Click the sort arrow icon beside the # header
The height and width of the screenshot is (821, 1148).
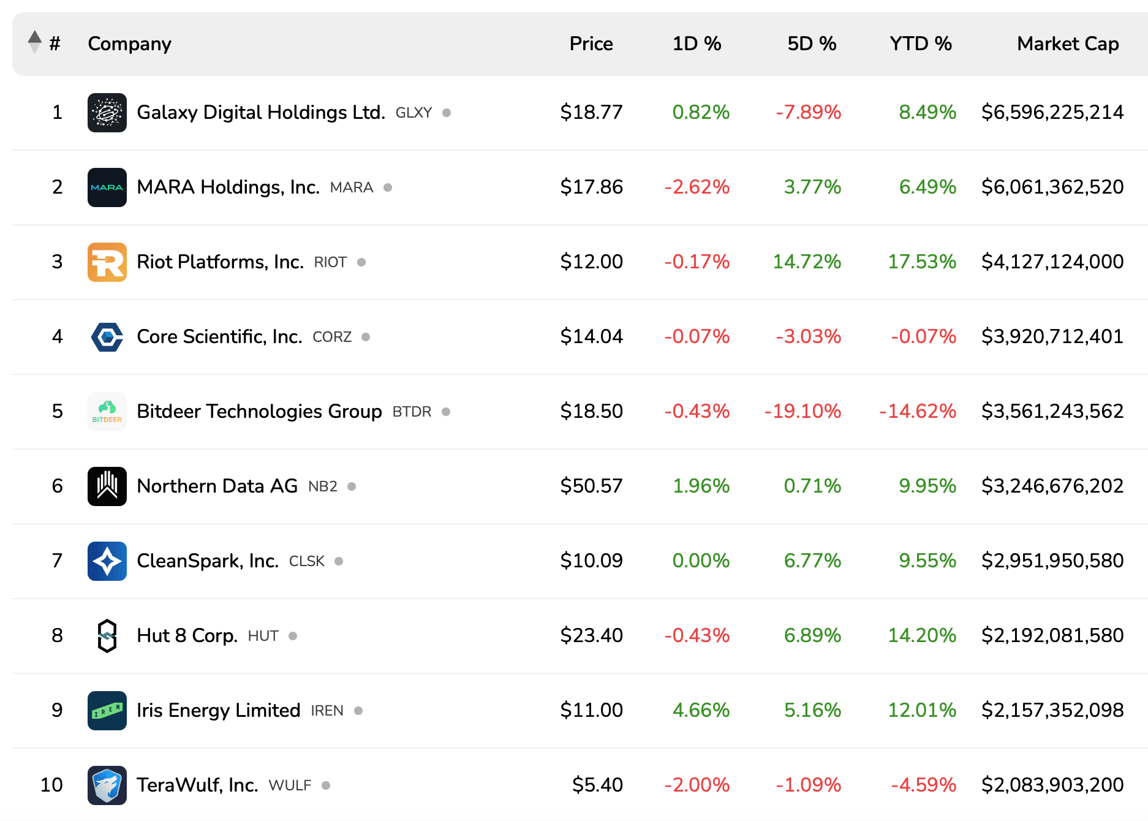pos(35,42)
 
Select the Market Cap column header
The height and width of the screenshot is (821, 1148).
pos(1068,44)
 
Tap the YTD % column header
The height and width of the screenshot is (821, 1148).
pos(920,44)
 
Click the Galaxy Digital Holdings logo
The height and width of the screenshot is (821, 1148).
pos(107,113)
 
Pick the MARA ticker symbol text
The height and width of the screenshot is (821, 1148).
pos(351,187)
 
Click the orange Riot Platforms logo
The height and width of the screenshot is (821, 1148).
pos(107,262)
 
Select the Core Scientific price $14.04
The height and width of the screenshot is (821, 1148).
pos(591,336)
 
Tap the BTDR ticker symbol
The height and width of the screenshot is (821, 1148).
pos(412,412)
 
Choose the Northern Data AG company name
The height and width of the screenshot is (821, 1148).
pos(217,486)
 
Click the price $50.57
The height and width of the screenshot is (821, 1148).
pos(591,486)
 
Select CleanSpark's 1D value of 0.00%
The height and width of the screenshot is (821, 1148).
pos(701,561)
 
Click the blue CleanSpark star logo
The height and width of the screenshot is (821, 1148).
pos(107,561)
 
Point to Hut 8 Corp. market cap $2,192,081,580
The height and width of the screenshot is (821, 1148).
pos(1052,635)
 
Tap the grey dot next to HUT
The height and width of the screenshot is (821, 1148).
pos(293,636)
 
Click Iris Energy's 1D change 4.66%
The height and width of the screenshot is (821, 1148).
pos(701,710)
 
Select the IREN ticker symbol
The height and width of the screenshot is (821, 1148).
pos(327,711)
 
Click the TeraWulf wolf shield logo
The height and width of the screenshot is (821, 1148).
pos(107,785)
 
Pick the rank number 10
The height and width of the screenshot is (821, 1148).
pos(51,785)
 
